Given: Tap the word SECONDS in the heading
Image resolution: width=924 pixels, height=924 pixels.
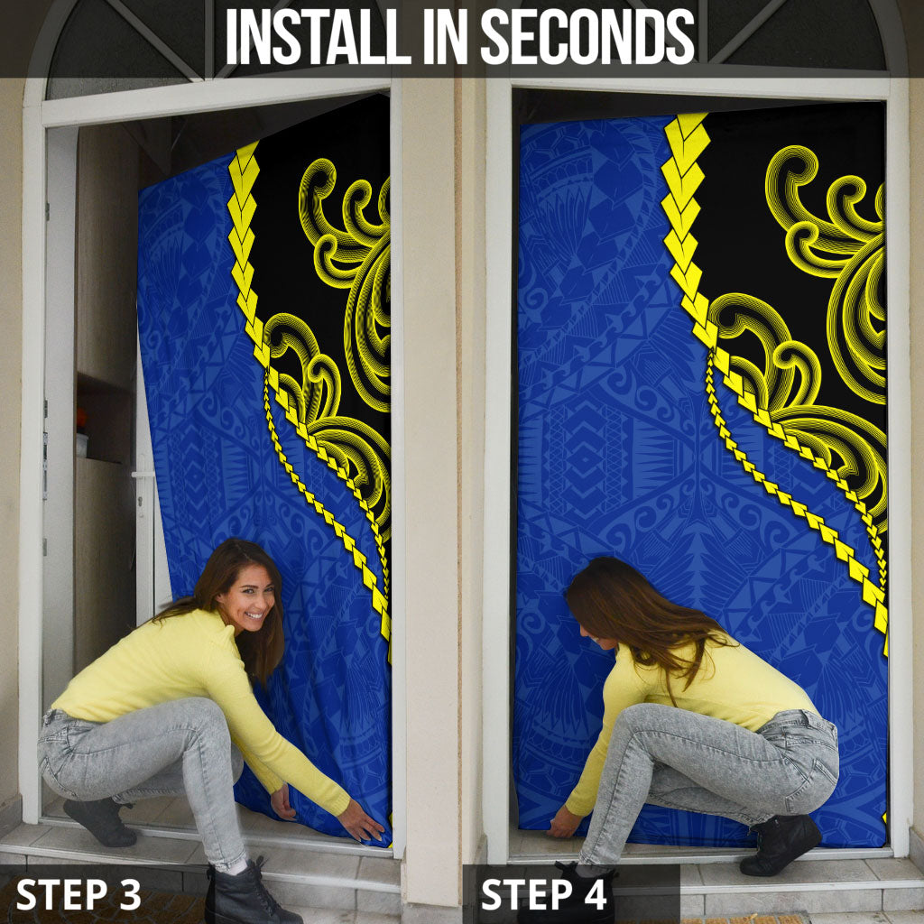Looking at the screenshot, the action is tap(588, 36).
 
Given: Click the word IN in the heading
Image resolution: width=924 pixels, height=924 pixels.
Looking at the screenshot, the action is tap(446, 36).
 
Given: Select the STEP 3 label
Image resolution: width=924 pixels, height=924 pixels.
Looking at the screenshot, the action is tap(79, 894).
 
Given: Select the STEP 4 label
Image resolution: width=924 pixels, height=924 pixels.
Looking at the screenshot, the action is tap(543, 894).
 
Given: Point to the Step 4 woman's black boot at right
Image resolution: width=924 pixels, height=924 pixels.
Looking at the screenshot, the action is tap(781, 845).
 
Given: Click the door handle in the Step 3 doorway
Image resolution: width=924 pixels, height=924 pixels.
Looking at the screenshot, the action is tap(143, 475).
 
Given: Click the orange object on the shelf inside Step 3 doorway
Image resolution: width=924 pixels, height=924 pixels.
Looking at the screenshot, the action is tap(80, 419).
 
